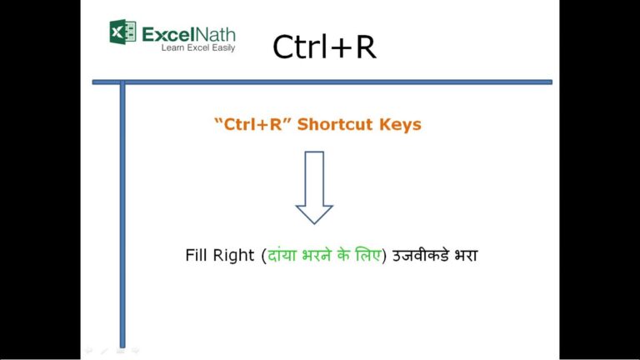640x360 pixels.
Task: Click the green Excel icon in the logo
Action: [122, 32]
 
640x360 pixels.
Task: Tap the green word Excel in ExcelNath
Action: [170, 34]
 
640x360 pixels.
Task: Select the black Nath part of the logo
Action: [217, 34]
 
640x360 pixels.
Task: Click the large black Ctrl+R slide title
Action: [324, 47]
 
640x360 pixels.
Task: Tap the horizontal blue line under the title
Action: [333, 82]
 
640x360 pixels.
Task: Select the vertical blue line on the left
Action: [122, 208]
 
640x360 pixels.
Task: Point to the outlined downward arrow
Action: [314, 187]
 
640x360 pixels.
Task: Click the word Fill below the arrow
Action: [197, 255]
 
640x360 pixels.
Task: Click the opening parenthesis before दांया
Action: [262, 255]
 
